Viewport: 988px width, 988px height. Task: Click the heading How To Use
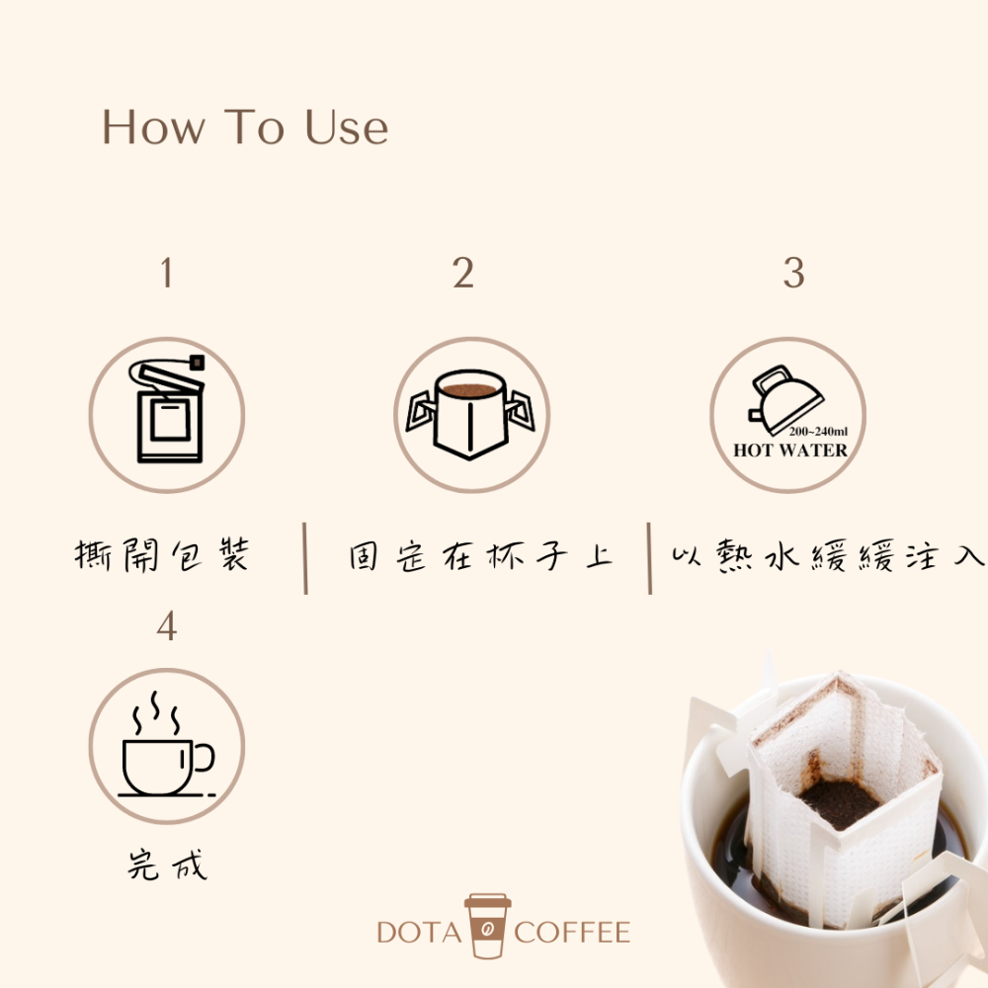(245, 128)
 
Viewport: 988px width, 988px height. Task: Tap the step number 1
(166, 274)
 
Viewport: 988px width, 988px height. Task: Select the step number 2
(463, 274)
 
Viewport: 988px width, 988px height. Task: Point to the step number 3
(793, 274)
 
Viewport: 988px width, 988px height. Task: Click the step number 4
(166, 626)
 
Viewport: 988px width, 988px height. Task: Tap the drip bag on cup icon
(471, 413)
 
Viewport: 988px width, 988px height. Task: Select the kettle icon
(786, 395)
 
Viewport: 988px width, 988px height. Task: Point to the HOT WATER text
(789, 451)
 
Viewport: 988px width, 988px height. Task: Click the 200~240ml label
(818, 432)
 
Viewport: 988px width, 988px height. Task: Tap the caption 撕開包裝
(163, 556)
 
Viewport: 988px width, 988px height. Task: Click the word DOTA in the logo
(419, 932)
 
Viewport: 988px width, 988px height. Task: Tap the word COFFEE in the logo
(572, 932)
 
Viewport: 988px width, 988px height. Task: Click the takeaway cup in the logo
(488, 926)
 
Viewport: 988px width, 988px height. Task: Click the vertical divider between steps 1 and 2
(305, 559)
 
